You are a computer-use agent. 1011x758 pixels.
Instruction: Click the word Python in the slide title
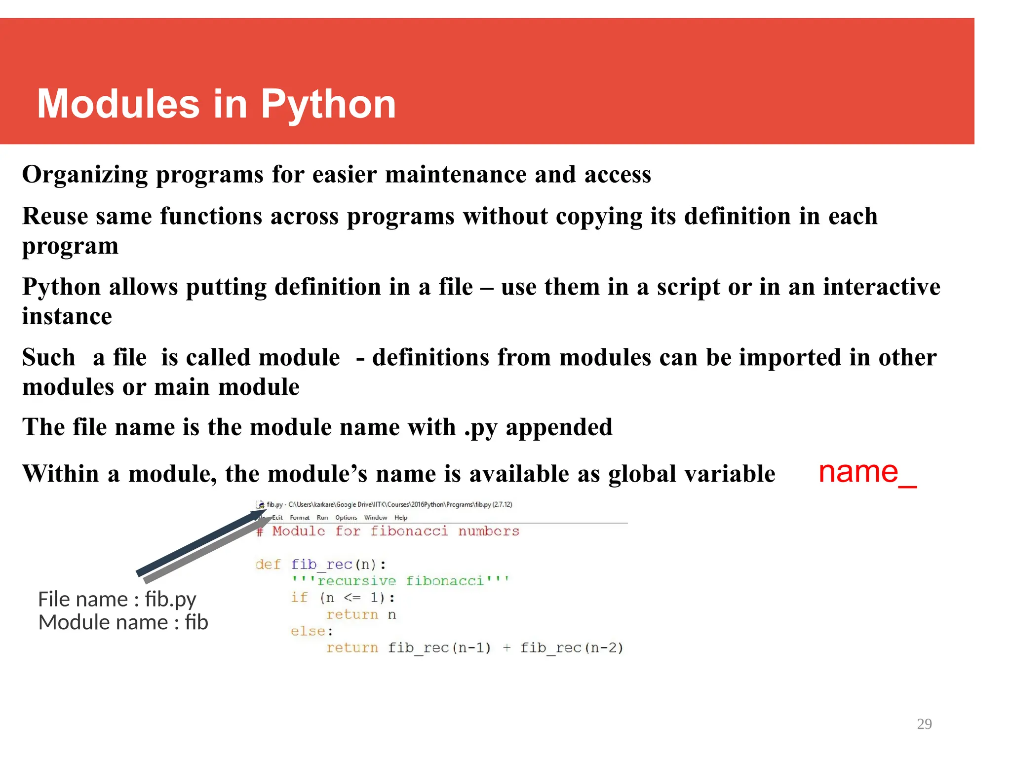pyautogui.click(x=328, y=105)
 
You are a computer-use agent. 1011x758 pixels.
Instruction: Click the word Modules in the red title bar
pyautogui.click(x=118, y=105)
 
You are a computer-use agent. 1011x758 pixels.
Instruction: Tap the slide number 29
pyautogui.click(x=924, y=724)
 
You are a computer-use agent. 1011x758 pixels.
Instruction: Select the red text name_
pyautogui.click(x=867, y=472)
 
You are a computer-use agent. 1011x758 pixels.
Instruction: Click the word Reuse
pyautogui.click(x=55, y=216)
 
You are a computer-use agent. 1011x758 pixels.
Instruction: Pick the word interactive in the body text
pyautogui.click(x=881, y=287)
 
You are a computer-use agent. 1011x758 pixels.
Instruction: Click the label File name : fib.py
pyautogui.click(x=117, y=599)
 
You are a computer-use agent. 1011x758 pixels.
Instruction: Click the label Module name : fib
pyautogui.click(x=123, y=622)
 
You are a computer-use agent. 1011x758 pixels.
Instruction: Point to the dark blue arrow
pyautogui.click(x=197, y=543)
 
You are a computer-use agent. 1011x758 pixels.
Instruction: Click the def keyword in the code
pyautogui.click(x=268, y=564)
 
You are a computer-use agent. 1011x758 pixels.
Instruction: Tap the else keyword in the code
pyautogui.click(x=308, y=631)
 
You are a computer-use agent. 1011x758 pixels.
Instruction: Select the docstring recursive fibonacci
pyautogui.click(x=400, y=581)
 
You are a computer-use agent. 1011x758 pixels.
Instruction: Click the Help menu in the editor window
pyautogui.click(x=401, y=518)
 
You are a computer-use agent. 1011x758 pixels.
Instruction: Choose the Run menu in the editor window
pyautogui.click(x=322, y=518)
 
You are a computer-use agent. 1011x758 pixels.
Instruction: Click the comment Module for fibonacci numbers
pyautogui.click(x=388, y=531)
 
